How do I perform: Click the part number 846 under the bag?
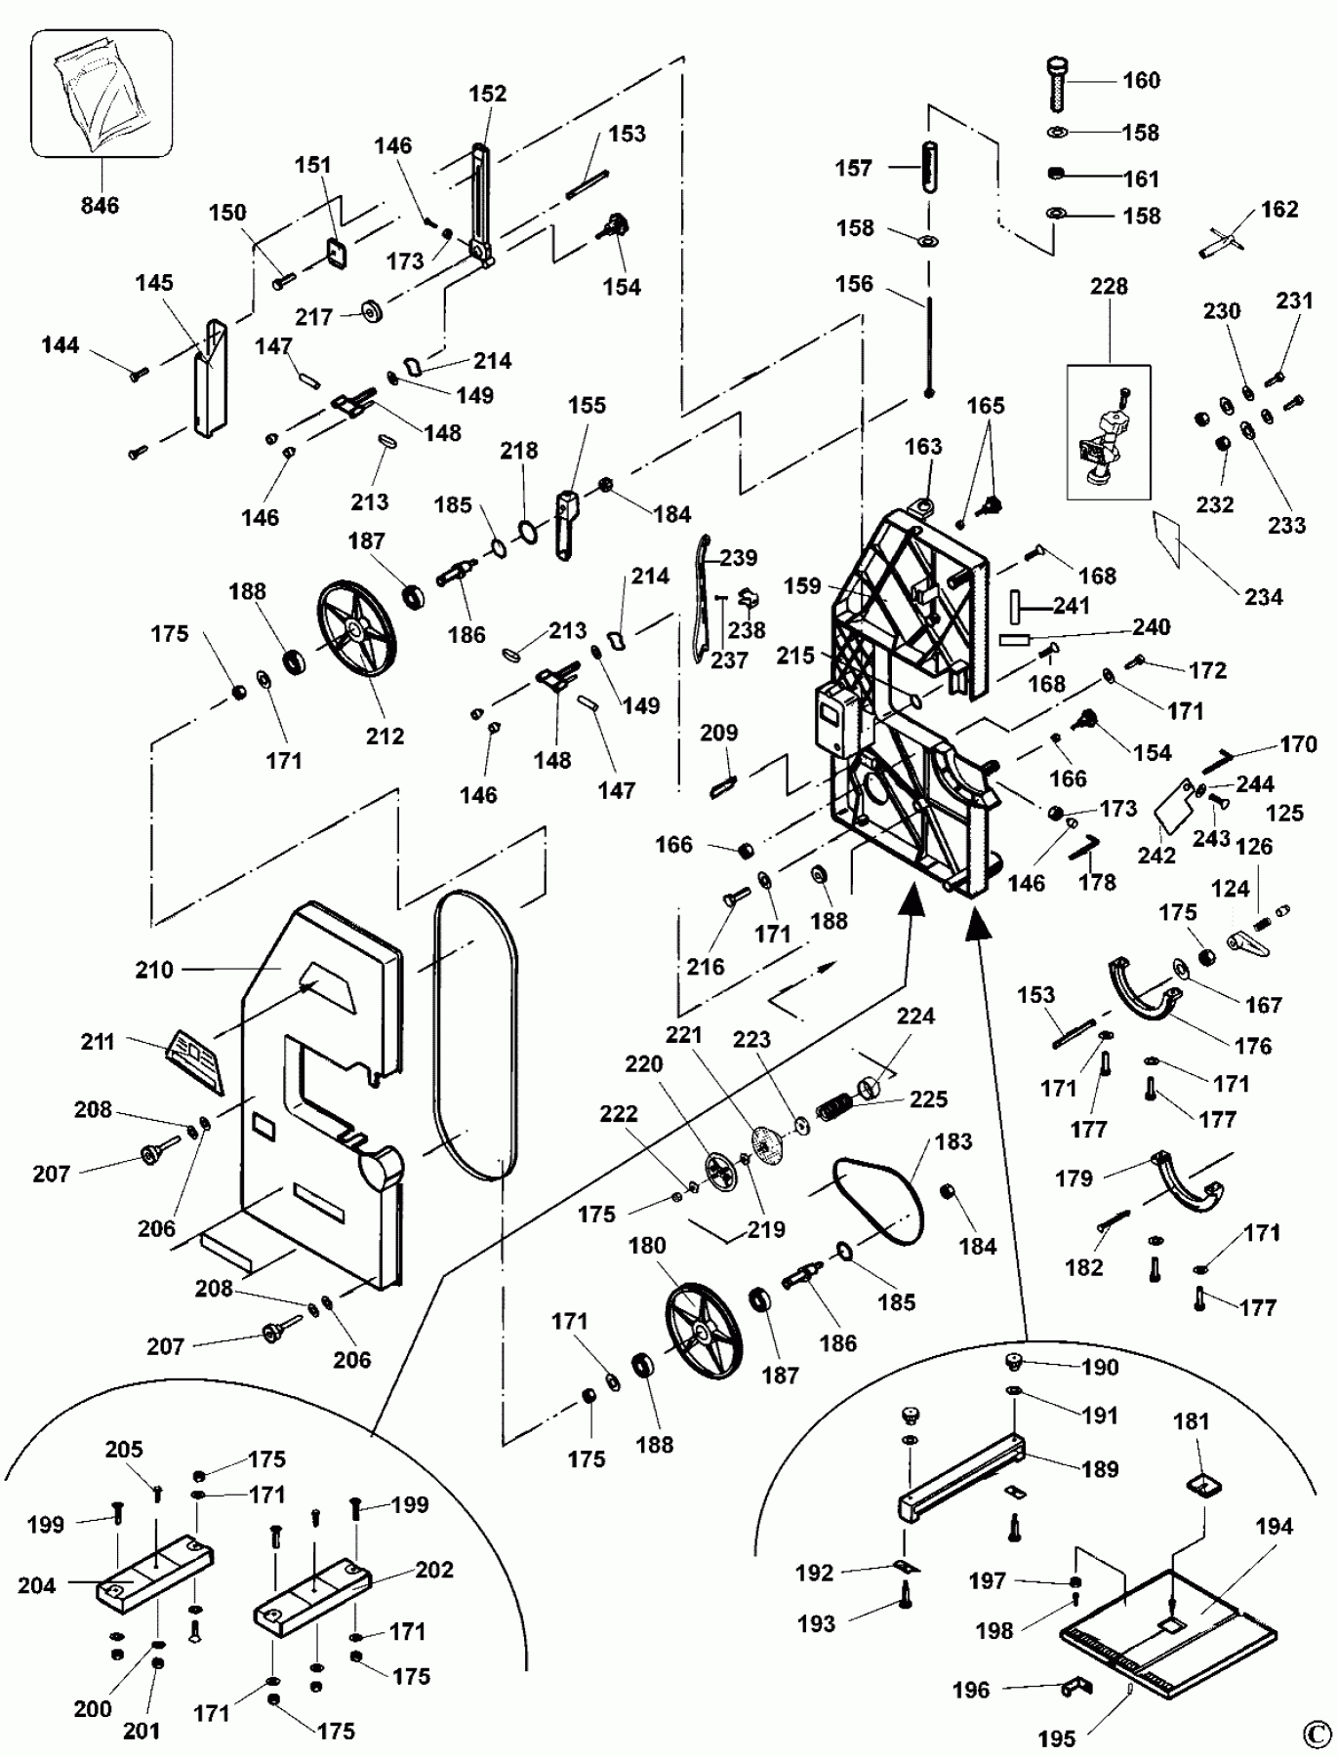tap(100, 206)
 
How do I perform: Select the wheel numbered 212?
tap(357, 631)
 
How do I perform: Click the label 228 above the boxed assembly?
tap(1109, 287)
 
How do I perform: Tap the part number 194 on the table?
tap(1274, 1526)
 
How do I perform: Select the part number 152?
tap(488, 94)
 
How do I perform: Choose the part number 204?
tap(37, 1585)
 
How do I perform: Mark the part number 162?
tap(1279, 210)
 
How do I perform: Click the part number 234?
tap(1264, 597)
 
